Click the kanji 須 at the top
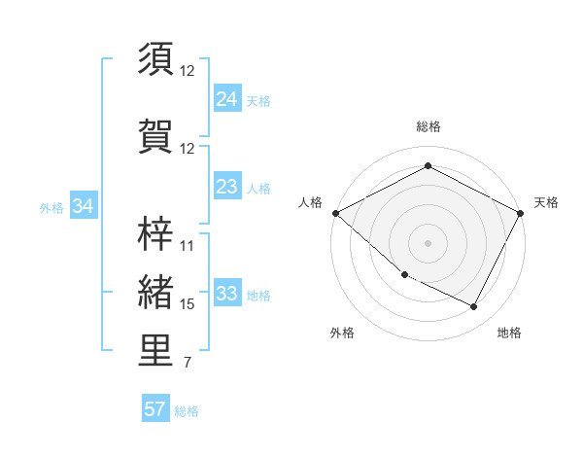156,58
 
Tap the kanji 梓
156,232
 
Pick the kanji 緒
156,292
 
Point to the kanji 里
156,351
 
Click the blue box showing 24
226,99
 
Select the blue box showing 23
226,188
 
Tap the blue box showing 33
226,295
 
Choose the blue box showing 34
84,206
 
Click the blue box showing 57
155,409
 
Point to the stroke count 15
188,304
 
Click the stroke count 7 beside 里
187,364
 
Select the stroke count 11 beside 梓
188,245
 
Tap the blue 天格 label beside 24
258,100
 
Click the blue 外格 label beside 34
51,207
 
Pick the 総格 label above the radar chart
429,126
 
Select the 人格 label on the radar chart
310,202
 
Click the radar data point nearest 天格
522,213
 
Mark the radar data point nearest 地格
474,307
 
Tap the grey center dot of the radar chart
429,243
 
